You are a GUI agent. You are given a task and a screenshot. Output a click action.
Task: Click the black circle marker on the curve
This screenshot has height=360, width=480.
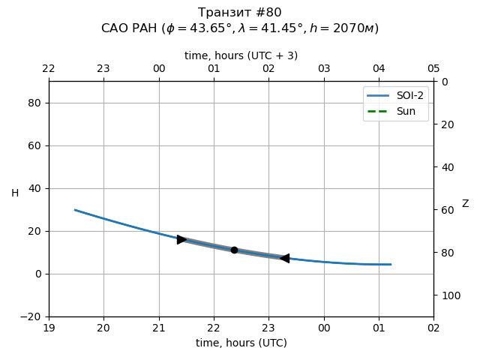pyautogui.click(x=234, y=250)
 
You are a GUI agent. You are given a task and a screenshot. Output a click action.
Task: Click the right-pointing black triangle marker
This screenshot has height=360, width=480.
pyautogui.click(x=181, y=239)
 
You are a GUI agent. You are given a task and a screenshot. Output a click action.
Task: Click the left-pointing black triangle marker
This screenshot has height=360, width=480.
pyautogui.click(x=284, y=258)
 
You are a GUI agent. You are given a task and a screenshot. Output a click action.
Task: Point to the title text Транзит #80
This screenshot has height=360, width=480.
pyautogui.click(x=240, y=13)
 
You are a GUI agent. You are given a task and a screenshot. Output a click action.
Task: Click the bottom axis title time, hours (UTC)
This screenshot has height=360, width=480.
pyautogui.click(x=241, y=343)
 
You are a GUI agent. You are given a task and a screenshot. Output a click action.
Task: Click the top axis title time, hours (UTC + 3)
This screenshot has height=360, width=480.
pyautogui.click(x=241, y=55)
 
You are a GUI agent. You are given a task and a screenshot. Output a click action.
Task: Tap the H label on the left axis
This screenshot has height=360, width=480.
pyautogui.click(x=15, y=193)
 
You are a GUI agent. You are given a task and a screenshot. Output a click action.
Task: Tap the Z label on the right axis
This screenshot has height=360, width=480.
pyautogui.click(x=465, y=204)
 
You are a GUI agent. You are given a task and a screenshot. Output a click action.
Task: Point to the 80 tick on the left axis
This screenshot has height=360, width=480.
pyautogui.click(x=34, y=103)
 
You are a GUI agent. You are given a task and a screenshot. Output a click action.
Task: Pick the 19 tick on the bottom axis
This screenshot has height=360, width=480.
pyautogui.click(x=49, y=328)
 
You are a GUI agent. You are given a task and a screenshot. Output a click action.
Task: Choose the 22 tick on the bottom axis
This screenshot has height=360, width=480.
pyautogui.click(x=214, y=328)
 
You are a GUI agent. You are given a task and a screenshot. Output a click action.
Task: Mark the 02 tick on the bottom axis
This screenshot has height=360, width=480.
pyautogui.click(x=433, y=328)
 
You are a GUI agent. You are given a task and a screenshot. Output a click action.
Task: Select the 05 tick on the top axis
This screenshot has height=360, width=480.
pyautogui.click(x=433, y=69)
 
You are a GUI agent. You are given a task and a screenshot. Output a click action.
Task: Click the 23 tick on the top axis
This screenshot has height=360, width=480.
pyautogui.click(x=103, y=69)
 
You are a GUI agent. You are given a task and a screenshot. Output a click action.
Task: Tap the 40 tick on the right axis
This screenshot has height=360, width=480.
pyautogui.click(x=445, y=167)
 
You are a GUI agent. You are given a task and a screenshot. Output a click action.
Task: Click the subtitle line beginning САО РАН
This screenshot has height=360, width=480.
pyautogui.click(x=240, y=28)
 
